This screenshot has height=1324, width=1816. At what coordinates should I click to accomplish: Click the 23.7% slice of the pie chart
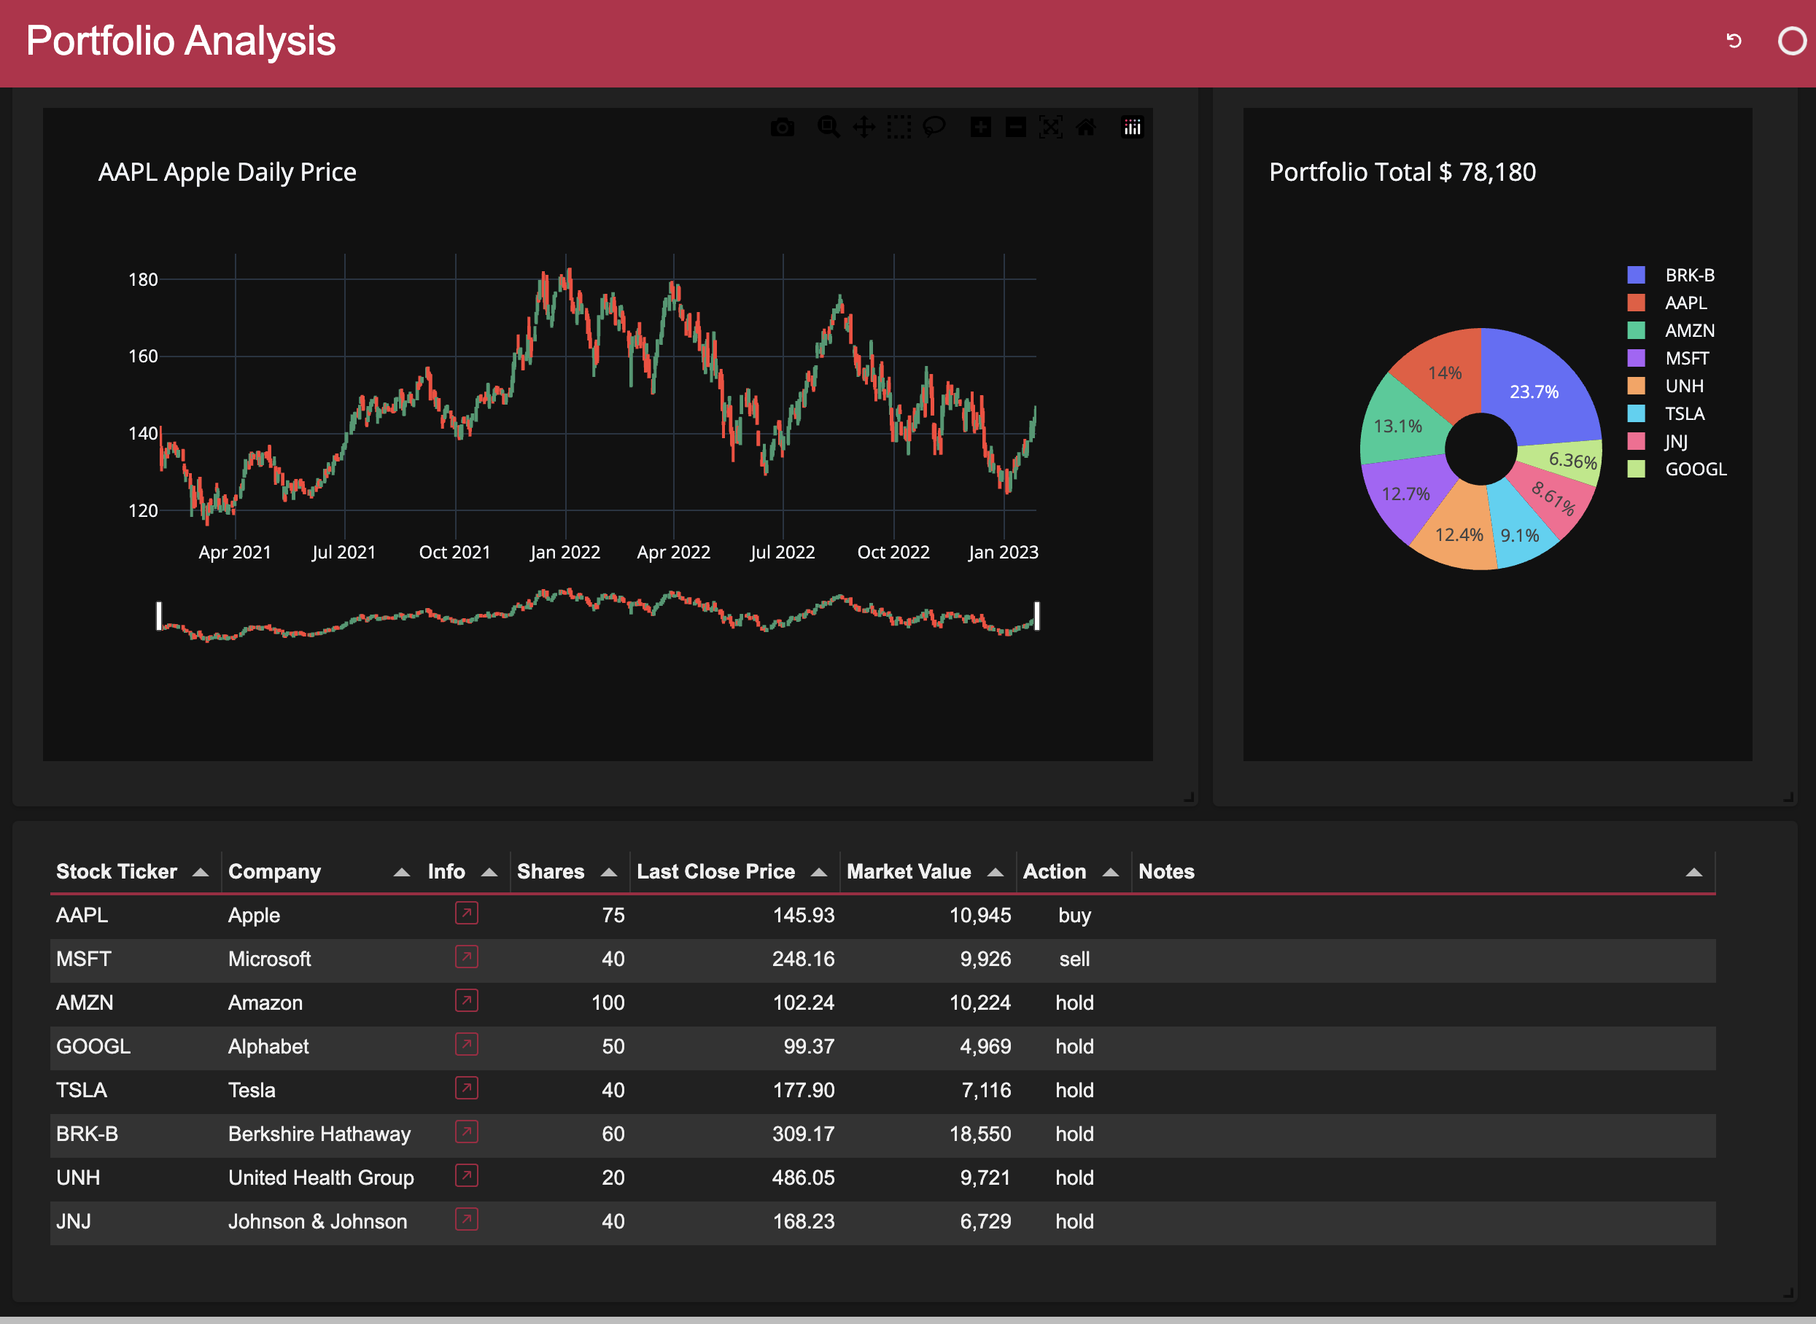[x=1534, y=391]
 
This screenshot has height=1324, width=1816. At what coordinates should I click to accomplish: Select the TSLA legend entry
[x=1684, y=413]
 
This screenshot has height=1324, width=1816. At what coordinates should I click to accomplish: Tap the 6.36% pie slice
[x=1572, y=461]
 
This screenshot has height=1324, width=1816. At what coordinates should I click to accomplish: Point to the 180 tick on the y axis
[x=143, y=280]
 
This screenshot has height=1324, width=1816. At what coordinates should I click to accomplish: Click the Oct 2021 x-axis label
[x=454, y=552]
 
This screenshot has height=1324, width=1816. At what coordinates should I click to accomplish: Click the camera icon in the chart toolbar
[x=783, y=128]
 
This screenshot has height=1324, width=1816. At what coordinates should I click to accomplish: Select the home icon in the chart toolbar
[x=1086, y=128]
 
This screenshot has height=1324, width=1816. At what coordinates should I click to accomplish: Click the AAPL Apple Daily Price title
[x=227, y=172]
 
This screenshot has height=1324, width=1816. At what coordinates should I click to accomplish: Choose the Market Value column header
[x=909, y=871]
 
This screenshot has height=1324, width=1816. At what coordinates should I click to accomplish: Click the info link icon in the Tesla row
[x=467, y=1089]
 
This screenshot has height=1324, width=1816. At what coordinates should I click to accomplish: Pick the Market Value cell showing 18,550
[x=979, y=1134]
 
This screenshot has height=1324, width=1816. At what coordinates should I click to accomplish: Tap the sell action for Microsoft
[x=1074, y=959]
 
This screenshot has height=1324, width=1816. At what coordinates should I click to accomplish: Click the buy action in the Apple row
[x=1074, y=915]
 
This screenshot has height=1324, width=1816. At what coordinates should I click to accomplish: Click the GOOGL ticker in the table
[x=93, y=1047]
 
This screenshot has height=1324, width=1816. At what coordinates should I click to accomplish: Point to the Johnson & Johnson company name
[x=317, y=1221]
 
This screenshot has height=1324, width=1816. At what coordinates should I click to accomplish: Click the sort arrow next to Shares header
[x=609, y=872]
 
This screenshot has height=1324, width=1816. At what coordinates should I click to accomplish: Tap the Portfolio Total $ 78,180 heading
[x=1402, y=172]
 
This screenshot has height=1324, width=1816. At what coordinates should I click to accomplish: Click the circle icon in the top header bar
[x=1791, y=41]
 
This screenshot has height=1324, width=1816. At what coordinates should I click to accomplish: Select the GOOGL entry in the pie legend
[x=1695, y=469]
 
